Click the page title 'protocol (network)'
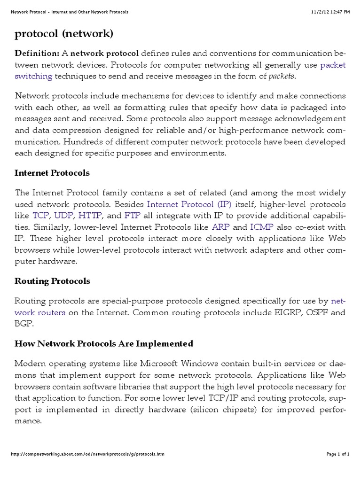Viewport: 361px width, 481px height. pos(64,34)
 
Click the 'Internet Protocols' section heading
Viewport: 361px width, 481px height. pos(52,173)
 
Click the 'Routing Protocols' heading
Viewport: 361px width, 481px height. pos(52,281)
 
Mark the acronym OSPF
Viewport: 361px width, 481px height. pos(318,312)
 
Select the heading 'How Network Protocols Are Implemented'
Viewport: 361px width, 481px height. pos(104,343)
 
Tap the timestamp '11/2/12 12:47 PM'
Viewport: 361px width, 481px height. pos(330,11)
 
